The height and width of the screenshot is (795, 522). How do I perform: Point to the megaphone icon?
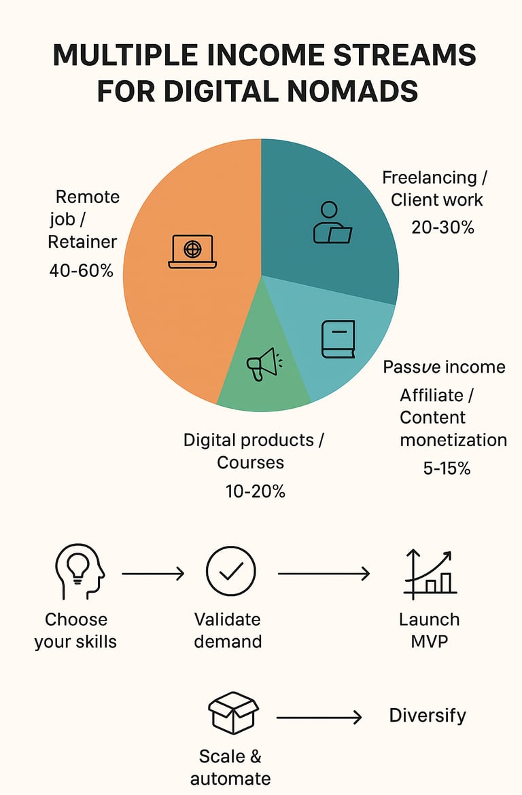point(264,364)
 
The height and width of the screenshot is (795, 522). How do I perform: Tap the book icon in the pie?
point(338,339)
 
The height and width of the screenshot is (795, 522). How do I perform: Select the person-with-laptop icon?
point(332,223)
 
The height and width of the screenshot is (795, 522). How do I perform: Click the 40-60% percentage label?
point(82,271)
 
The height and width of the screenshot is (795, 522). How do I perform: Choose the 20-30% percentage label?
point(442,227)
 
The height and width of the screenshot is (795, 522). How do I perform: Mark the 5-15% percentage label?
point(447,468)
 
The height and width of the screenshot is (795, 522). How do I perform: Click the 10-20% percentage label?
point(256,491)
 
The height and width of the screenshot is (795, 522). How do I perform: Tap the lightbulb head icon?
point(78,573)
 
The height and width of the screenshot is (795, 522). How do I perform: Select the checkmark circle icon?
point(231,572)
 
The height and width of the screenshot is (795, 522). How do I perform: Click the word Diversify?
point(428,716)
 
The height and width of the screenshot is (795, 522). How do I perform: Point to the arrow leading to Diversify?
point(319,718)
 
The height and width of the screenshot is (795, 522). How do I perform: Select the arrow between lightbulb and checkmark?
point(153,574)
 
